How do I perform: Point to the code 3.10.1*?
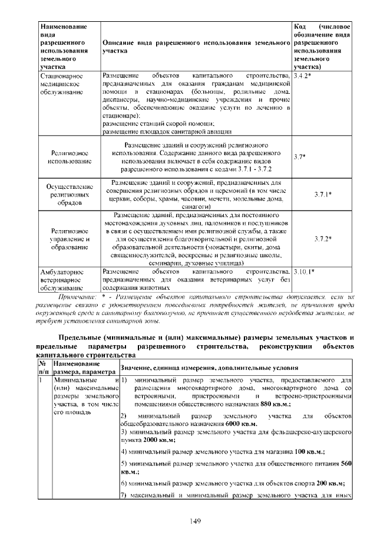tap(306, 271)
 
